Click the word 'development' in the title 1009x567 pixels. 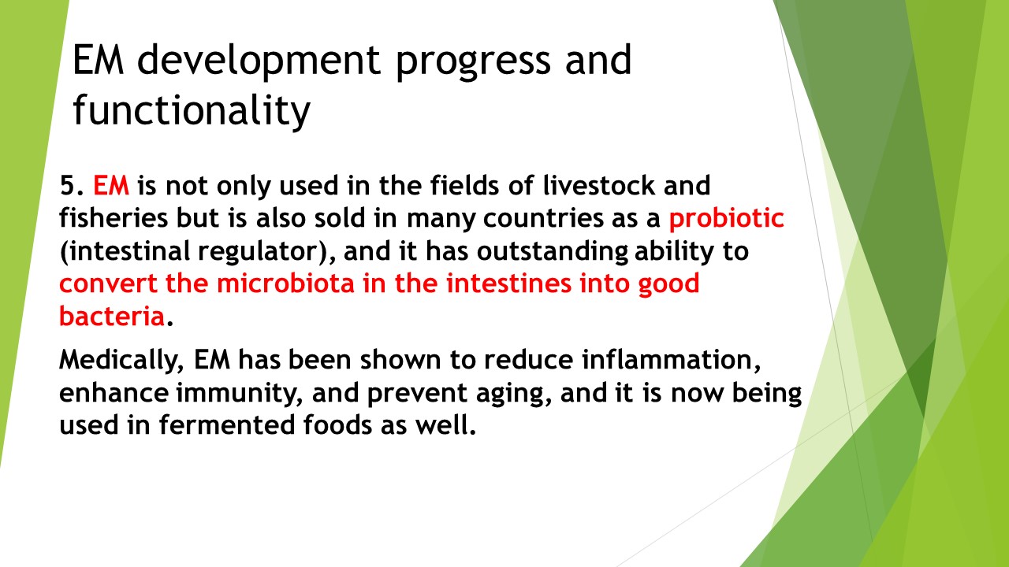tap(259, 61)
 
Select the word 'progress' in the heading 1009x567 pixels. tap(473, 63)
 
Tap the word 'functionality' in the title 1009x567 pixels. tap(192, 111)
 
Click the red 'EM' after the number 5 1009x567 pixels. tap(111, 185)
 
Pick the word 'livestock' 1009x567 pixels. tap(598, 185)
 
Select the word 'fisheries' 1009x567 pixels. tap(114, 218)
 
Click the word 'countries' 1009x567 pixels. tap(543, 218)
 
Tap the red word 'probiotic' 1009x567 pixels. tap(727, 218)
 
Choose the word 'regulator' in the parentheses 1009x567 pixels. tap(259, 251)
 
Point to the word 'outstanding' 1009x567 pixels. tap(553, 251)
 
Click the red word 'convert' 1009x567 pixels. tap(108, 284)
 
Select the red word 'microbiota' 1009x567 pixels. tap(285, 283)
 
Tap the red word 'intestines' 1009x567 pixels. tap(508, 283)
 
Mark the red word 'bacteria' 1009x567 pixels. tap(112, 316)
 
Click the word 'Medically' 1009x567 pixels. tap(121, 360)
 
